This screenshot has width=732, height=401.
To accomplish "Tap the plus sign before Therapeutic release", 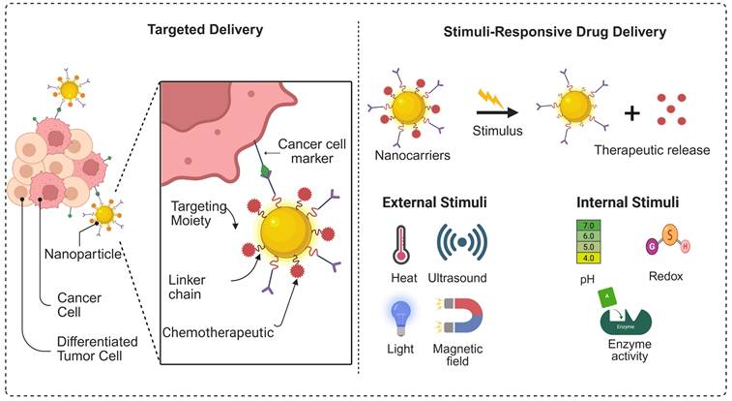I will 632,112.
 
